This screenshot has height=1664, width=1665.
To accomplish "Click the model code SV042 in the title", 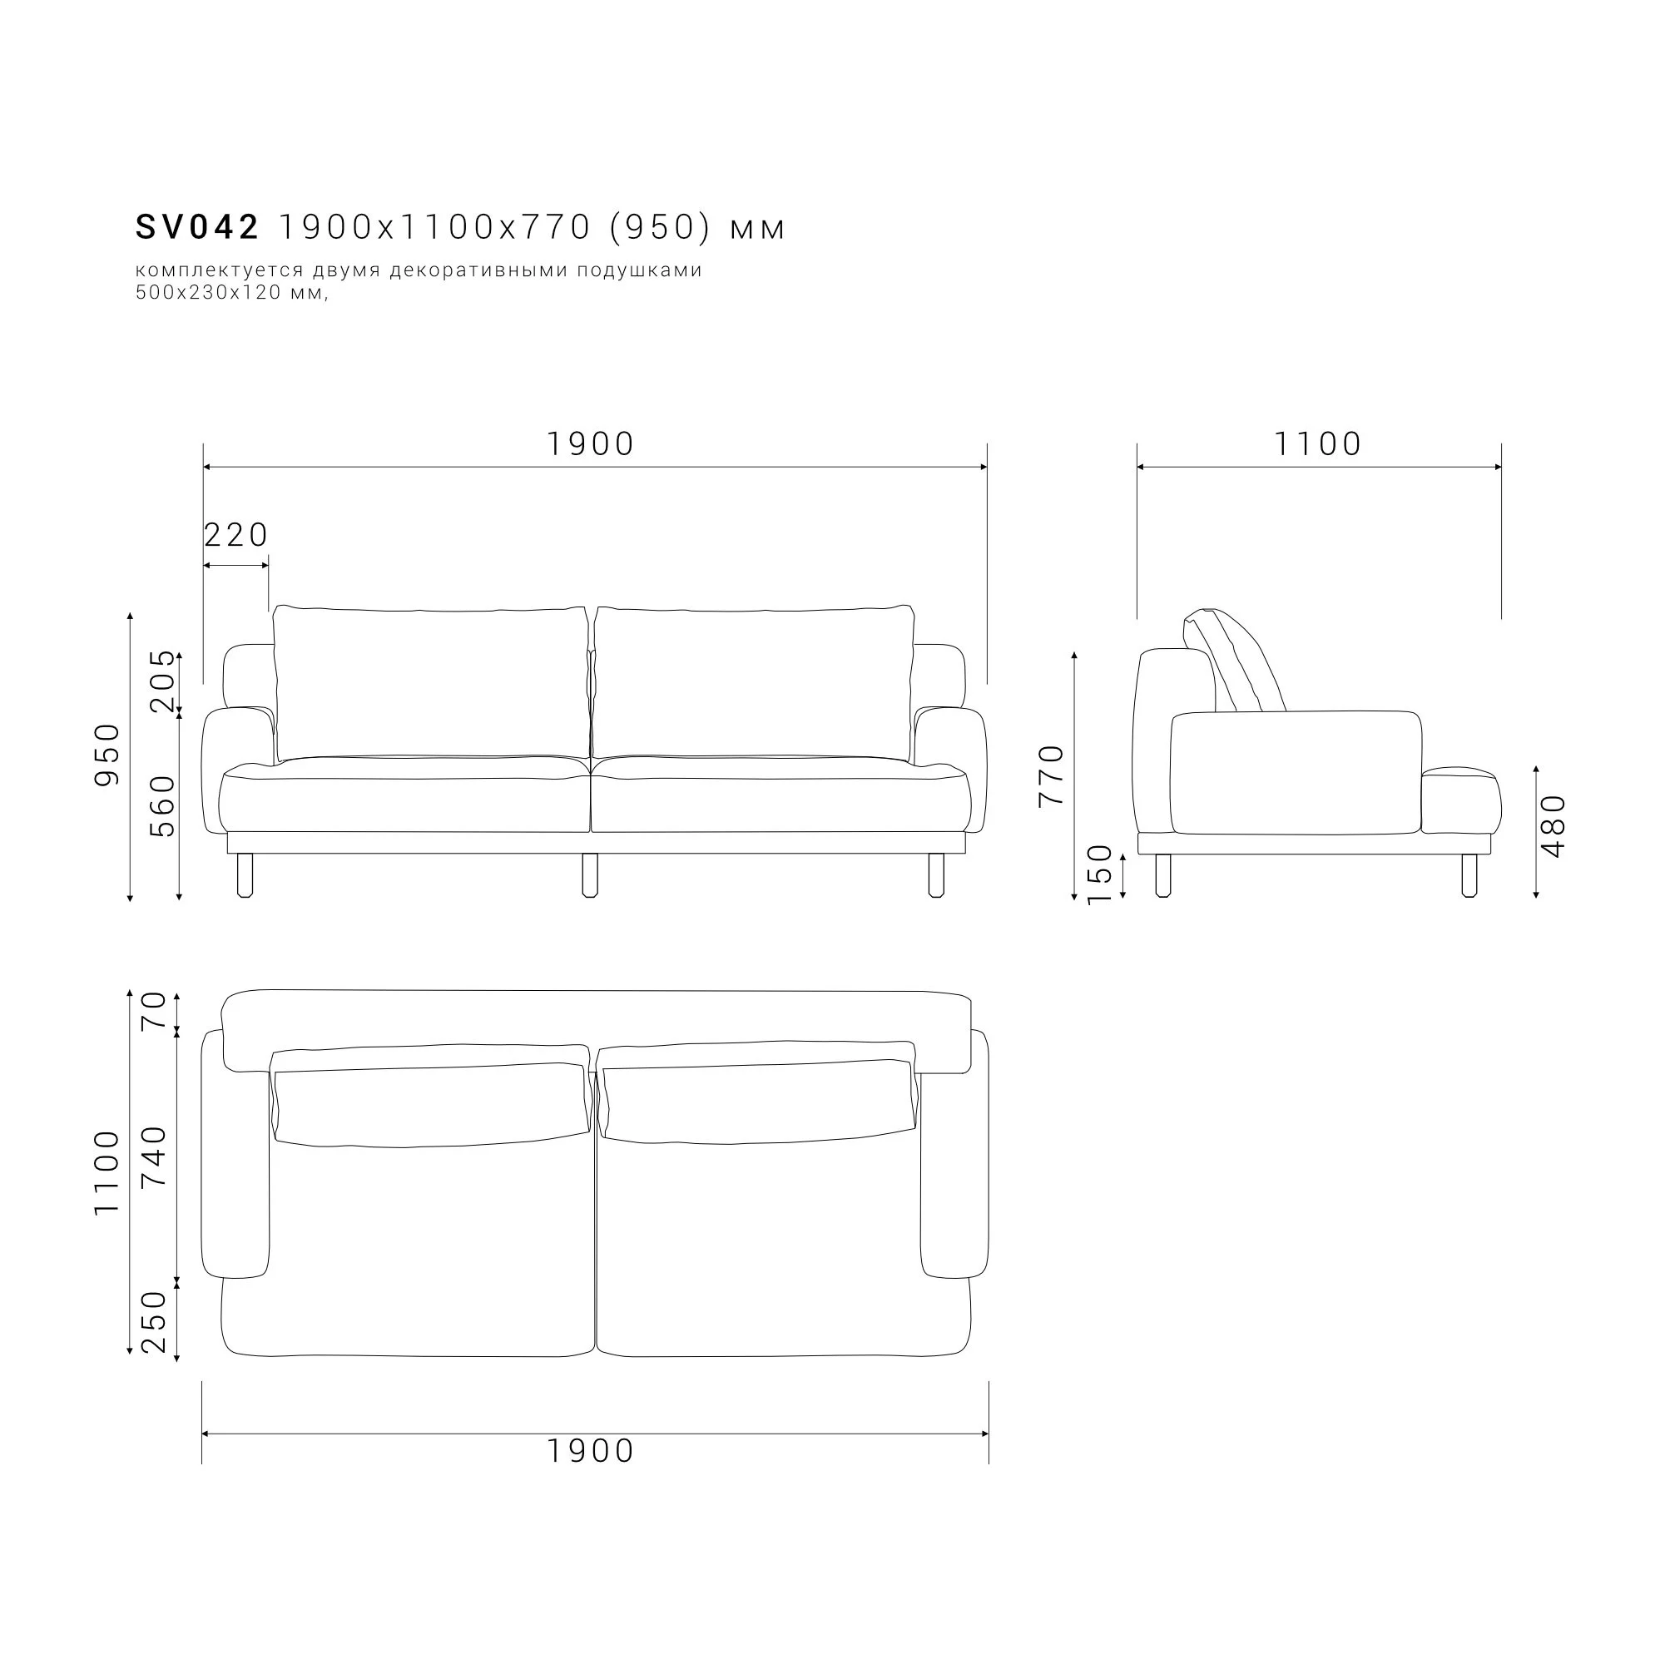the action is [197, 227].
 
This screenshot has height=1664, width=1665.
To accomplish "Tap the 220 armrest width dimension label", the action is [236, 535].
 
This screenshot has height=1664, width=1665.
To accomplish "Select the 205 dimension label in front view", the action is [162, 681].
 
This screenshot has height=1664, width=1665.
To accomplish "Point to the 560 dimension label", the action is [162, 806].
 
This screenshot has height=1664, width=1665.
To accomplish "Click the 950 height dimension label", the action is [107, 755].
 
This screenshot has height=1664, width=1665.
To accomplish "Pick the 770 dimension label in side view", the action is [1053, 775].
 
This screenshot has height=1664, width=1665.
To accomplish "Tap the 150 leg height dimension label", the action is [1100, 874].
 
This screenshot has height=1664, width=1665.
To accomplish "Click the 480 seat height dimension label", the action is [1552, 826].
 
